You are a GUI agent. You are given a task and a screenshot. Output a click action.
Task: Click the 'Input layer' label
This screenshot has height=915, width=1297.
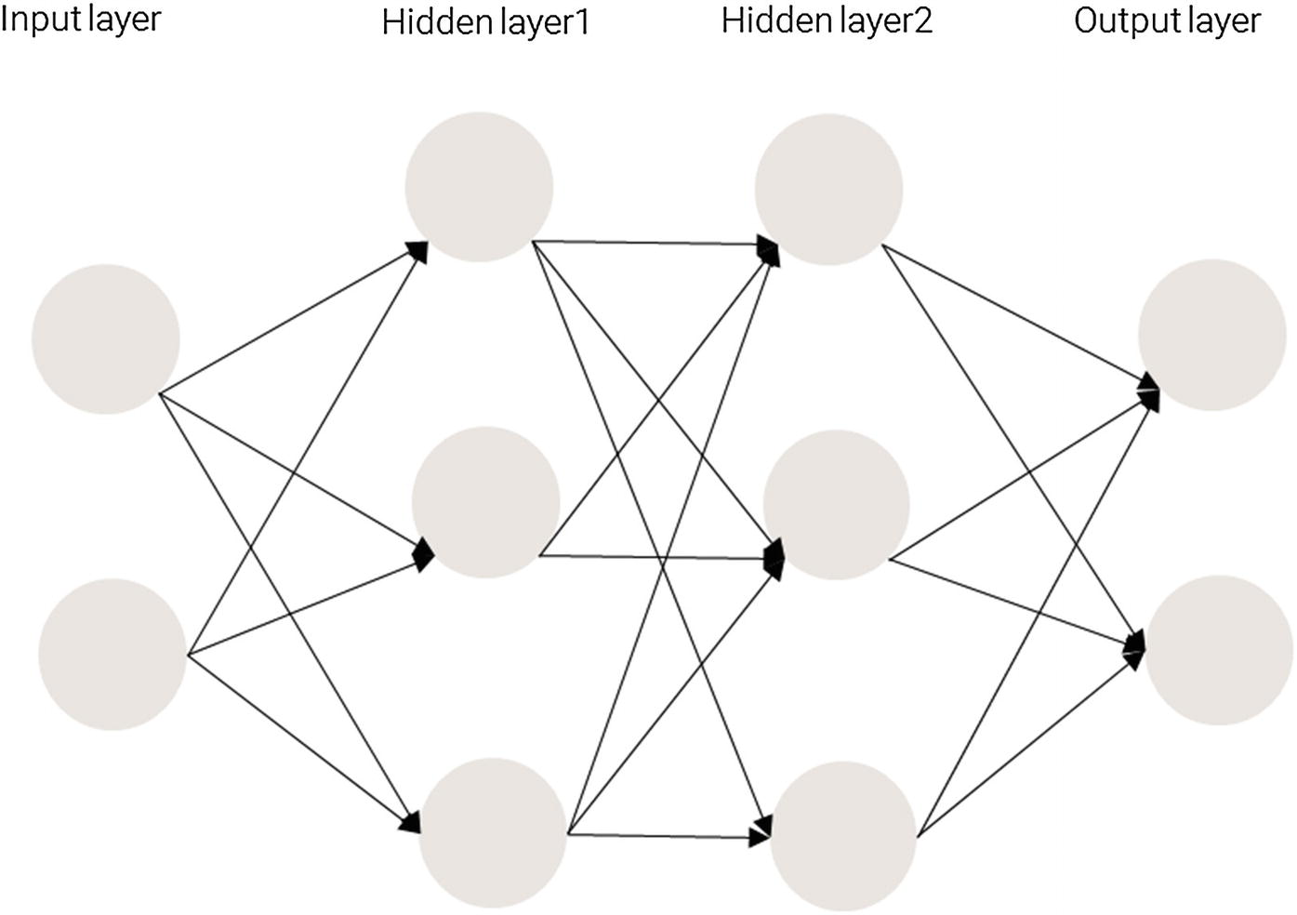click(81, 20)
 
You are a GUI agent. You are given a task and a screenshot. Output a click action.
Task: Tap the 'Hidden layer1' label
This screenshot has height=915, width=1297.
click(485, 22)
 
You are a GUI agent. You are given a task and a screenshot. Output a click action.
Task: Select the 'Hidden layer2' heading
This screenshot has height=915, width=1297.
click(827, 20)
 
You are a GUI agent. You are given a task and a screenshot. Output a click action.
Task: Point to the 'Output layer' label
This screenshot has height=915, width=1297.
click(1167, 20)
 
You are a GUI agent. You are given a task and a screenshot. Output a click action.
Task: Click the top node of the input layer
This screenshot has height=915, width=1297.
click(106, 338)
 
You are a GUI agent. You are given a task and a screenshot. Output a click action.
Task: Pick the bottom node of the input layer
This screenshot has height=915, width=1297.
click(112, 655)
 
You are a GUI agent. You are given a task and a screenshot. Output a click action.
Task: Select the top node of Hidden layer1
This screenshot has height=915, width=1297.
click(479, 187)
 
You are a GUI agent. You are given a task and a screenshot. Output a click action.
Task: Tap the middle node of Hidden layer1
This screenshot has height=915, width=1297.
click(485, 502)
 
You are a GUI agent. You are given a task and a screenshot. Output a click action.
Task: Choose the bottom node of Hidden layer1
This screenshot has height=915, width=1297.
click(493, 832)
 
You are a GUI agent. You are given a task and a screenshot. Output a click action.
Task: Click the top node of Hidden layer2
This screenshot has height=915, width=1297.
click(827, 189)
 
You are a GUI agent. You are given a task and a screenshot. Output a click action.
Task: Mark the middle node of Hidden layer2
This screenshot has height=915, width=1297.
click(836, 505)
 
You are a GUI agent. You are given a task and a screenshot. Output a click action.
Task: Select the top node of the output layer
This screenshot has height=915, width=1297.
click(1212, 335)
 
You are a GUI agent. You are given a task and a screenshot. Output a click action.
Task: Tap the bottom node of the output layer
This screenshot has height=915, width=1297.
click(1218, 650)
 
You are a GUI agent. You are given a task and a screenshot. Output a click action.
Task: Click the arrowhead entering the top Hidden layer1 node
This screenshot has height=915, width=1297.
click(417, 250)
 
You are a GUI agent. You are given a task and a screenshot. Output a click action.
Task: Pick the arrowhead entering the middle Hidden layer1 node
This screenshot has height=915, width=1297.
click(424, 553)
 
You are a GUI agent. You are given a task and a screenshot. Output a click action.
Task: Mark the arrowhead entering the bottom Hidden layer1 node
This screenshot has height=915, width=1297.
click(410, 823)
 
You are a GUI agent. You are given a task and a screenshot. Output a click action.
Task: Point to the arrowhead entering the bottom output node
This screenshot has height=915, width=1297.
click(1136, 647)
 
